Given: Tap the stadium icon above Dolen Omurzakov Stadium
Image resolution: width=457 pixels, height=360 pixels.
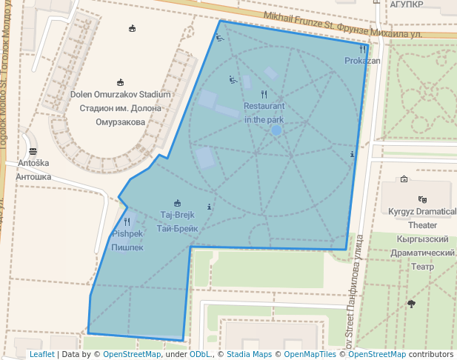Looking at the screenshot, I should tap(120, 82).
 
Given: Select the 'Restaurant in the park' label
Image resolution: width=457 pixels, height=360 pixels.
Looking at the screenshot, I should tap(264, 113).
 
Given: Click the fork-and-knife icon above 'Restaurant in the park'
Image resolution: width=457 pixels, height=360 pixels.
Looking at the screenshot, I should tap(264, 94).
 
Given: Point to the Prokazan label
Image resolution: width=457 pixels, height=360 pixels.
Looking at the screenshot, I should tap(362, 61).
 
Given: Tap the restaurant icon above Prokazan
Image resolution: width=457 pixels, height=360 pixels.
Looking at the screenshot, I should tap(362, 49).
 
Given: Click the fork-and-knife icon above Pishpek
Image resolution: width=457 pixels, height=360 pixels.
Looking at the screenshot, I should tap(127, 221).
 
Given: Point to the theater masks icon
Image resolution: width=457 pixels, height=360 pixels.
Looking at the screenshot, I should tap(422, 199).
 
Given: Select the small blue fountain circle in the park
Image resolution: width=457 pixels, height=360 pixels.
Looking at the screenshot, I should tap(276, 130).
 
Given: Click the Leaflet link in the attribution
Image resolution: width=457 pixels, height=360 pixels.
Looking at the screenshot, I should tap(41, 355).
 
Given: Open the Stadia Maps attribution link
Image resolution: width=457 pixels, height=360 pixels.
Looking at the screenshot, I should tap(249, 355).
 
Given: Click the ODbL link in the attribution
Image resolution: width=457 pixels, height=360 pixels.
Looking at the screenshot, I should tap(200, 355).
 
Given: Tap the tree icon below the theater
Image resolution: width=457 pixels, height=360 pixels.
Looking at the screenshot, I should tap(411, 304).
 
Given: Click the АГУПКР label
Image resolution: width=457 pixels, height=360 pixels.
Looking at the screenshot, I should tap(407, 4).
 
